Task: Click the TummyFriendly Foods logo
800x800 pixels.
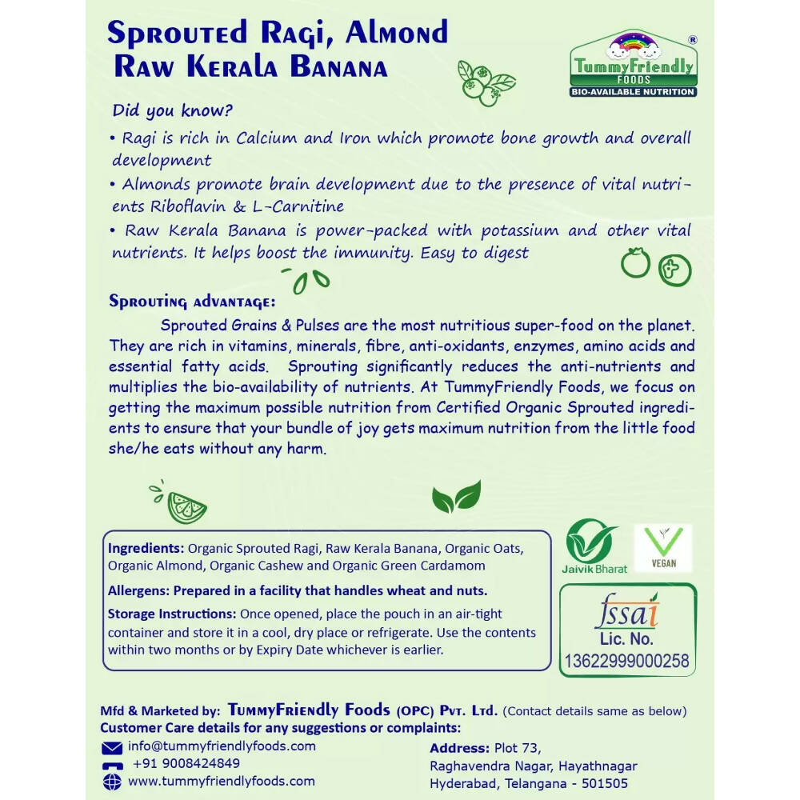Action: pos(632,65)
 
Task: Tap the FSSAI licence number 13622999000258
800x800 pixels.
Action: pos(626,661)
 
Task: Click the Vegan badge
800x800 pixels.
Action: pos(662,548)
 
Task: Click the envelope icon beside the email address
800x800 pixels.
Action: pos(112,747)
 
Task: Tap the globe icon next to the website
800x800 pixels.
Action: pos(112,782)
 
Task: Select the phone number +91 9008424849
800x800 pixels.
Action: pos(186,763)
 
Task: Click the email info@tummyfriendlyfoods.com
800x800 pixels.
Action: pos(222,746)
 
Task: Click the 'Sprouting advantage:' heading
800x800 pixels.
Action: pos(192,302)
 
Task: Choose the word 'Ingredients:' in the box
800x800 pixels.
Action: pos(146,549)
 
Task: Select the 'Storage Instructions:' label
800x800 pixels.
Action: pos(171,614)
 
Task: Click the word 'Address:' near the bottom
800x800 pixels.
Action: pos(459,748)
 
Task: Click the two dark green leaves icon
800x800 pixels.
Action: pos(456,497)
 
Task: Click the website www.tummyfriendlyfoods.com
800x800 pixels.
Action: pos(222,781)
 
